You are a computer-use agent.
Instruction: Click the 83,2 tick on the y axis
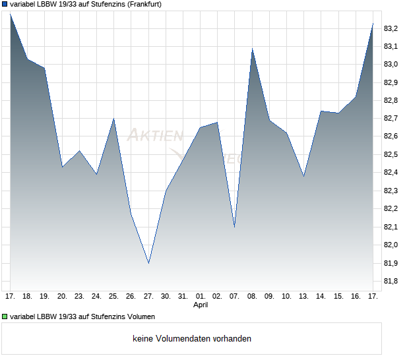[391, 28]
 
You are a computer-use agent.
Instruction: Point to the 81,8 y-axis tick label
[391, 282]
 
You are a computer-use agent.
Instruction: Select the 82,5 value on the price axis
[391, 155]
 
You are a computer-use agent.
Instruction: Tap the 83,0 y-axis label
[391, 65]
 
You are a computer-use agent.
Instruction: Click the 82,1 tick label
[391, 227]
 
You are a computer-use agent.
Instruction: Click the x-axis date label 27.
[148, 297]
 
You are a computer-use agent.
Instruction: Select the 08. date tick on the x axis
[252, 297]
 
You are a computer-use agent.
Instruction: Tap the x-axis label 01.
[201, 297]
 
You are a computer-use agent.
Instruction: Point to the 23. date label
[79, 297]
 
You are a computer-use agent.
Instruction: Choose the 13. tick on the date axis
[303, 297]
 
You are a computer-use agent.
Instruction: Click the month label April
[201, 305]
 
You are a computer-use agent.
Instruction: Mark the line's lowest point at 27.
[148, 263]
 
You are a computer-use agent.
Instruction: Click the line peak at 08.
[252, 49]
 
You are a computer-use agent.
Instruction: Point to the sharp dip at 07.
[235, 227]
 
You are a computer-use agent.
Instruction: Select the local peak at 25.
[114, 119]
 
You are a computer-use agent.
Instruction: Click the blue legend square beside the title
[5, 4]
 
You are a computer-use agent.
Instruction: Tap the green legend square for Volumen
[5, 316]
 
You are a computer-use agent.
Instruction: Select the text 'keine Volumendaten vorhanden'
[192, 339]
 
